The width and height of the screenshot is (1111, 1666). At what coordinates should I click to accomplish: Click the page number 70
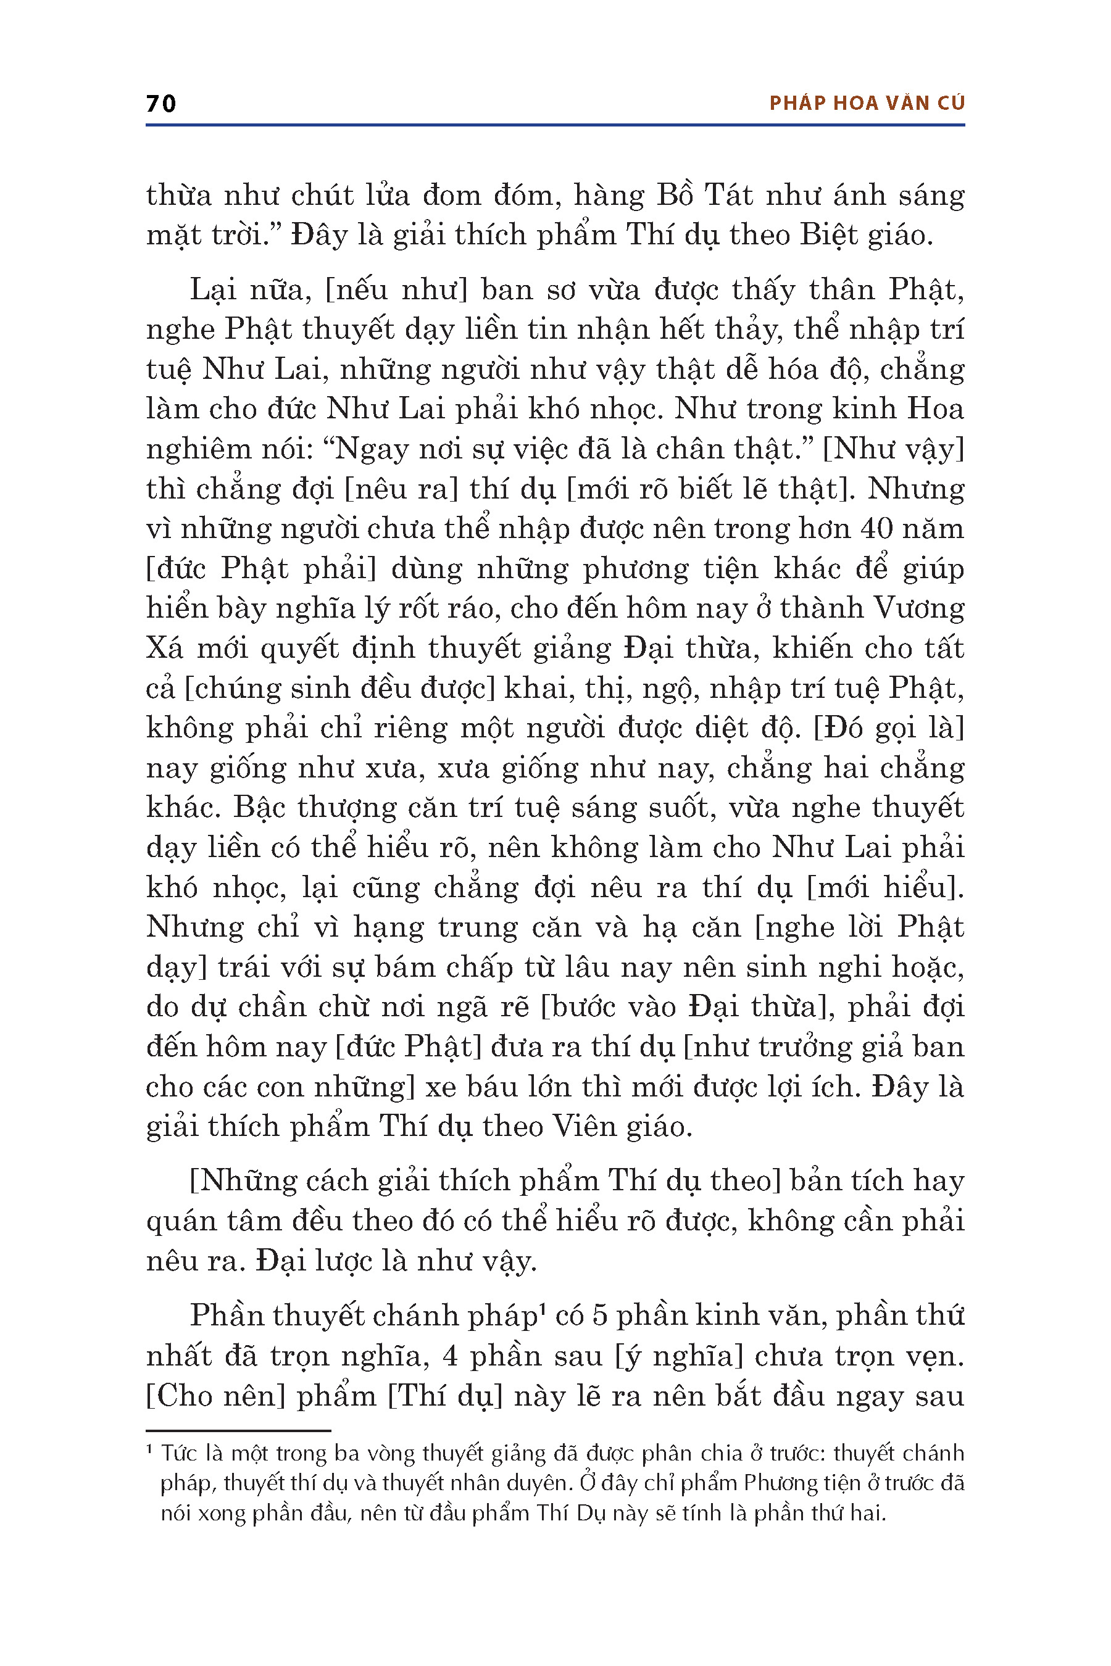point(161,104)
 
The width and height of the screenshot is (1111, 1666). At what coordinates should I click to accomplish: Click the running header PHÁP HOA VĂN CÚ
point(867,104)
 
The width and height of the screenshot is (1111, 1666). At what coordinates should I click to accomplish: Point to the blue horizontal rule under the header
point(555,125)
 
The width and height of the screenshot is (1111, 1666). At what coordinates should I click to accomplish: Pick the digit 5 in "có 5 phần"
point(599,1316)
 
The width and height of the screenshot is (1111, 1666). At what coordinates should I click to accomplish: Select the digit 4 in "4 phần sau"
point(449,1356)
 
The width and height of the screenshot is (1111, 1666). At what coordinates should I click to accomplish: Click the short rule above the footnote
point(238,1431)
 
